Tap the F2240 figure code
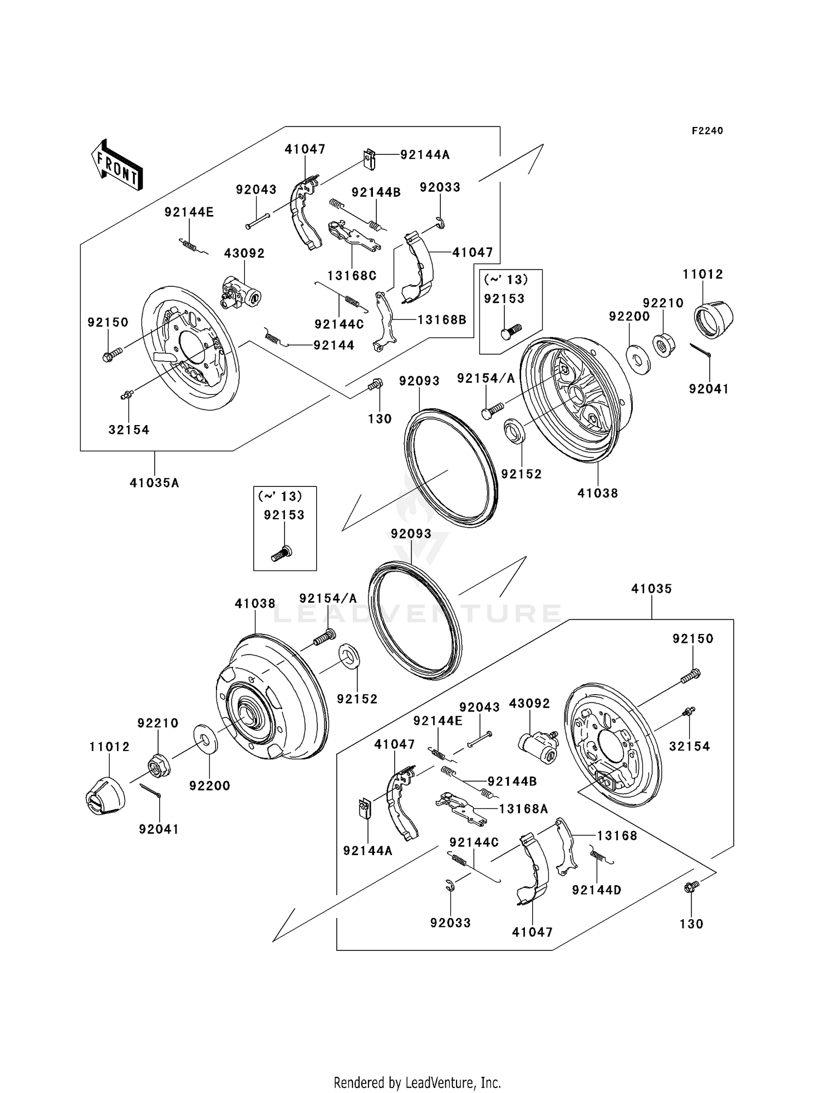[707, 131]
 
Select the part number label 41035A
[154, 483]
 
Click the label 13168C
[352, 275]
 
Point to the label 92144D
[597, 890]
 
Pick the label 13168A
[523, 809]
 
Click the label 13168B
[441, 320]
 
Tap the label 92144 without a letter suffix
[333, 345]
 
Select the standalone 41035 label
[651, 589]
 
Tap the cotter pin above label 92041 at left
[150, 790]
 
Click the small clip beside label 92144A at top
[369, 159]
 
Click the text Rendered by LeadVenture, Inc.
[417, 1082]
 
